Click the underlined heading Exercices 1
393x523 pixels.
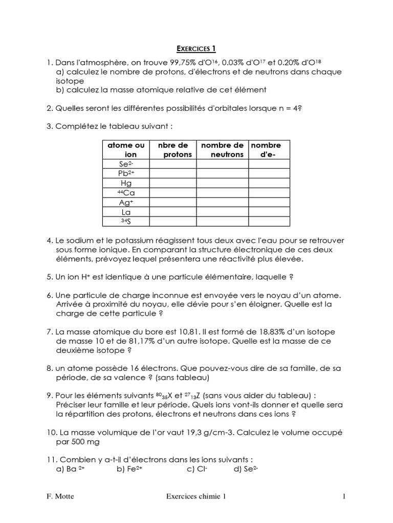[196, 49]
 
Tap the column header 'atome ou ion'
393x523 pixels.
[126, 150]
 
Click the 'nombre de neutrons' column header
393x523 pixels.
[222, 150]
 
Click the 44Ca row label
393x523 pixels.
[126, 193]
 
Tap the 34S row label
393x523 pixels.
[126, 221]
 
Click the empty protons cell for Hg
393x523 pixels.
[173, 183]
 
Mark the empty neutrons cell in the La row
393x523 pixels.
[222, 211]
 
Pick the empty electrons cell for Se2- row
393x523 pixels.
[269, 164]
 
